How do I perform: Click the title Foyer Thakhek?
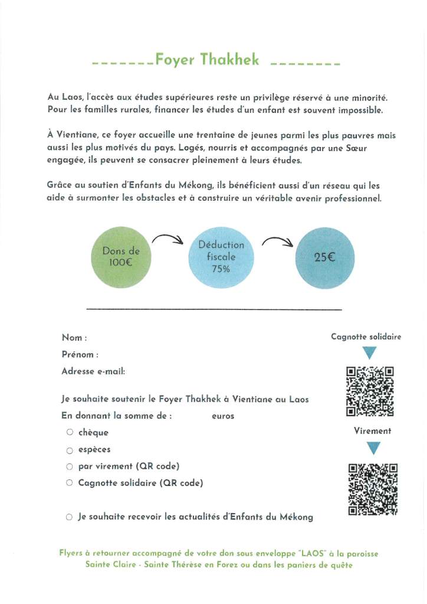[x=207, y=60]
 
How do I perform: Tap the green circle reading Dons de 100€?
[x=121, y=256]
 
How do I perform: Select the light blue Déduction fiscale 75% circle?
[x=221, y=256]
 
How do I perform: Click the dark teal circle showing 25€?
[x=324, y=256]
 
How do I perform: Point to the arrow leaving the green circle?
[x=168, y=239]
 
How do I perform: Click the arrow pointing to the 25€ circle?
[x=277, y=241]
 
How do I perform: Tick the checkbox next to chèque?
[x=70, y=432]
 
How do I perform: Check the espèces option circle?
[x=70, y=450]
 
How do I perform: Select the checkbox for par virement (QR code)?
[x=70, y=466]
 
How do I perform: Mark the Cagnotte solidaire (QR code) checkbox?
[x=70, y=483]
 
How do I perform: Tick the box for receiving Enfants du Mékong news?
[x=70, y=517]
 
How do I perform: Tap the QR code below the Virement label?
[x=373, y=489]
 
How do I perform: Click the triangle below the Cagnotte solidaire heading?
[x=370, y=352]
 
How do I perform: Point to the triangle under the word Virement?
[x=373, y=448]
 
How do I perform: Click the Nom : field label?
[x=74, y=338]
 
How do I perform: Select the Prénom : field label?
[x=80, y=355]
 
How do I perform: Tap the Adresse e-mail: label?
[x=93, y=372]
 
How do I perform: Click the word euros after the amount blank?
[x=223, y=416]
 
